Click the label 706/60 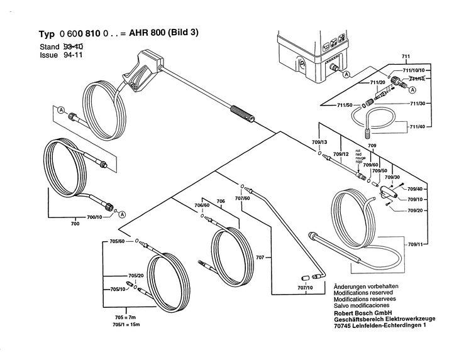click(x=201, y=205)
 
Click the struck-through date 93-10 click(x=74, y=47)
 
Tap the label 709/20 click(x=416, y=210)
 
